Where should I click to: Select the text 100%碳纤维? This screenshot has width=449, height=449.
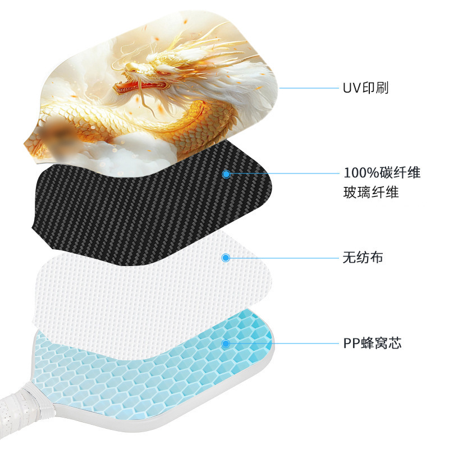click(382, 173)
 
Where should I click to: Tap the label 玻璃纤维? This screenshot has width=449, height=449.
click(370, 193)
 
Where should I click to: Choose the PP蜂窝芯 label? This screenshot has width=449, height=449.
click(372, 343)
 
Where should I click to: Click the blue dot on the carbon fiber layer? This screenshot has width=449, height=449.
click(226, 174)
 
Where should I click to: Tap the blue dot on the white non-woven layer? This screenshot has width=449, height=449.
click(226, 258)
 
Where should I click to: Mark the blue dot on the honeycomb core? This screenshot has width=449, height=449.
click(226, 343)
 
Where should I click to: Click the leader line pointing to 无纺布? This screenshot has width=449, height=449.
click(281, 258)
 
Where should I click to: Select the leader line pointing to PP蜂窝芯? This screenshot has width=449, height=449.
click(281, 343)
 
